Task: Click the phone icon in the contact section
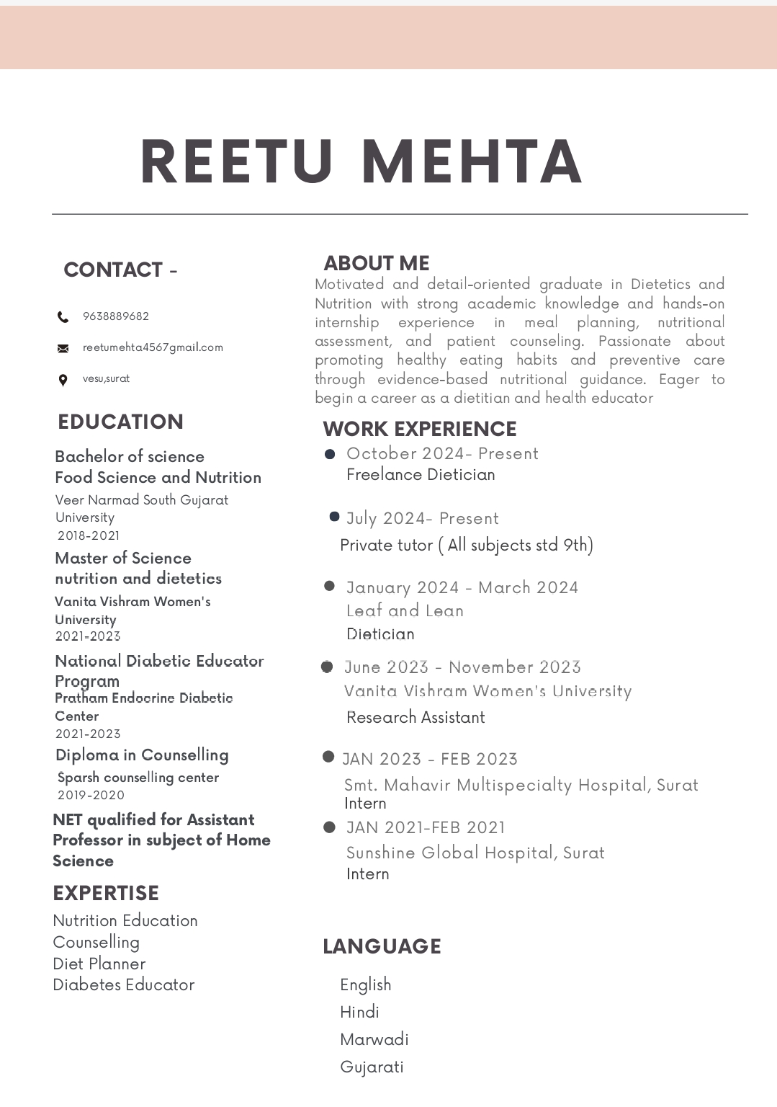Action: (63, 317)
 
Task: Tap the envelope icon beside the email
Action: (63, 349)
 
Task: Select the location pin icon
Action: (63, 380)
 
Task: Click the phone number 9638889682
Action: (116, 316)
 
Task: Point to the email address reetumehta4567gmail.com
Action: (153, 347)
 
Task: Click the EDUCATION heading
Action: (120, 422)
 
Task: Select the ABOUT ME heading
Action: (377, 263)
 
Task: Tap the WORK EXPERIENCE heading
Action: (420, 429)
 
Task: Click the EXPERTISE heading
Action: (106, 893)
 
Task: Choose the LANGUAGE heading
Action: (382, 946)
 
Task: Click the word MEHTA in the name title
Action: (472, 162)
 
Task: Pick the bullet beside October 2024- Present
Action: (330, 454)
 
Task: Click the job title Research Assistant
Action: (416, 717)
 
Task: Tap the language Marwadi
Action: (374, 1039)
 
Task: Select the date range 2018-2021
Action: (89, 535)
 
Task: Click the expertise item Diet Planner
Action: (99, 964)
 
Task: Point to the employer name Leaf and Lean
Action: (405, 610)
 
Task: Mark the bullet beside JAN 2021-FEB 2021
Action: (329, 827)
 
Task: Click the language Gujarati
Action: (372, 1067)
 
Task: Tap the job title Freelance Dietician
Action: (421, 474)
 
